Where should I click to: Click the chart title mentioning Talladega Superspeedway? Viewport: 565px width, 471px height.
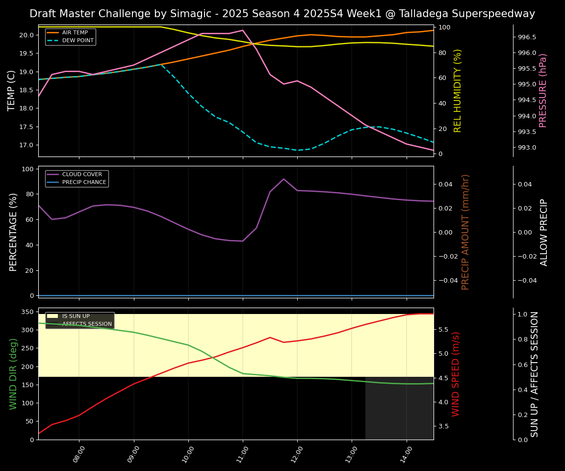[x=282, y=14]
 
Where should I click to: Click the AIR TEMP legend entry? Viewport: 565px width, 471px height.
[x=75, y=33]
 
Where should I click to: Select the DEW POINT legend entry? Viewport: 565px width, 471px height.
[x=77, y=41]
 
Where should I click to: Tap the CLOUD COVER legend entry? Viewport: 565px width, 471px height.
[x=82, y=175]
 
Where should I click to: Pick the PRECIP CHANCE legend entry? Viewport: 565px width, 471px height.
[x=84, y=183]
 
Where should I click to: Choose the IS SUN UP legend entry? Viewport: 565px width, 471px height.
[x=76, y=316]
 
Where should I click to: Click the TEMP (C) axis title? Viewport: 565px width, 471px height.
[x=12, y=90]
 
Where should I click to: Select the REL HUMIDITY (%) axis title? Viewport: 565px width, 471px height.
[x=458, y=90]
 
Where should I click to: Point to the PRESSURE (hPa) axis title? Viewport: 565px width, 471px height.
[x=543, y=90]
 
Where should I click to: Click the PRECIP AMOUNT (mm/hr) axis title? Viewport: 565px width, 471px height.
[x=465, y=232]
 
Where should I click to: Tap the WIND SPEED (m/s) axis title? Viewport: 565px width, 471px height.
[x=456, y=374]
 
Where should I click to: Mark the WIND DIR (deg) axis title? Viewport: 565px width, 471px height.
[x=13, y=374]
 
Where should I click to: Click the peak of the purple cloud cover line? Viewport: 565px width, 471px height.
[x=283, y=179]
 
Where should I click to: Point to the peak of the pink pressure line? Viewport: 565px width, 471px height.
[x=242, y=30]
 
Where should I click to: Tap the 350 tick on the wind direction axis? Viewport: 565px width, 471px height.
[x=28, y=312]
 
